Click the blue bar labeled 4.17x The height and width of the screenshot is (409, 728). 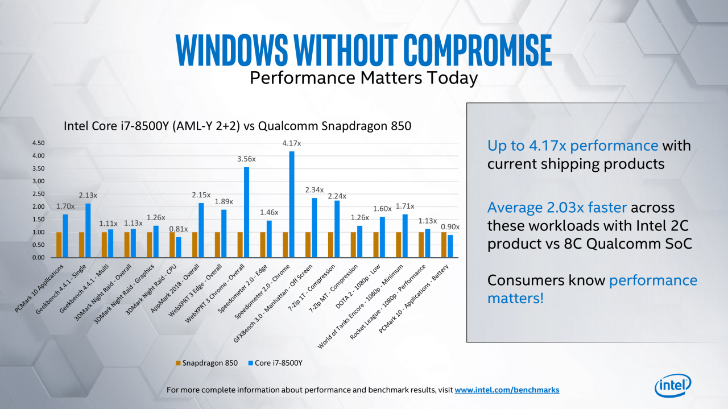[292, 205]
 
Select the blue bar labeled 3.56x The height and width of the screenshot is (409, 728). [246, 212]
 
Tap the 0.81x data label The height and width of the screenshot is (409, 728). [179, 229]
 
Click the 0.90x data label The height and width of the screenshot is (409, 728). [450, 227]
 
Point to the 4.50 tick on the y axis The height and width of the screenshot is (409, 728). [38, 143]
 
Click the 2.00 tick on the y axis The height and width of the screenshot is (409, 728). [38, 207]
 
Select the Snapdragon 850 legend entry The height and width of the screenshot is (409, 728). [206, 363]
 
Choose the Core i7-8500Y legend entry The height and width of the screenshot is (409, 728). [275, 363]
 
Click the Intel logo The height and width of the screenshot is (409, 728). [673, 386]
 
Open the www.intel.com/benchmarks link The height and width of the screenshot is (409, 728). [507, 390]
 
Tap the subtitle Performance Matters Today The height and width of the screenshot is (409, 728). [363, 78]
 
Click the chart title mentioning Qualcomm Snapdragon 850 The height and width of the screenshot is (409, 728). [238, 126]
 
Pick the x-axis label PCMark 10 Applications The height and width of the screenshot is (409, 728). [39, 288]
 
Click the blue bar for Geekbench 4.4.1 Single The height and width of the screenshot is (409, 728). [88, 230]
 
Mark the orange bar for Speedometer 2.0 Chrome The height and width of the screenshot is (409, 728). [286, 245]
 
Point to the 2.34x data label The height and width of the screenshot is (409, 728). [315, 190]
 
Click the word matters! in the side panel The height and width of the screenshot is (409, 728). [515, 299]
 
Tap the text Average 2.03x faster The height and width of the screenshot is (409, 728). [557, 208]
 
